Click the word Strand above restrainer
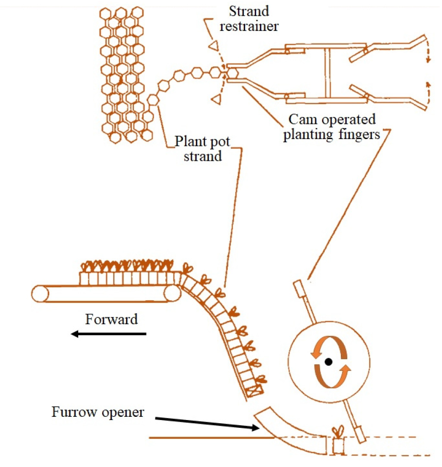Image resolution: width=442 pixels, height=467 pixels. pyautogui.click(x=249, y=12)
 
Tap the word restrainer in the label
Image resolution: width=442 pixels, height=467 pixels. pyautogui.click(x=249, y=26)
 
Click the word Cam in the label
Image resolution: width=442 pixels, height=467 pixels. pyautogui.click(x=303, y=119)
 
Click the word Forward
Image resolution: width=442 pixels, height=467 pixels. pyautogui.click(x=112, y=319)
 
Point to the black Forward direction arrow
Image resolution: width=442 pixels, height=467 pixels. pyautogui.click(x=109, y=334)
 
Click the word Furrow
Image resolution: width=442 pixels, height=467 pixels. pyautogui.click(x=75, y=412)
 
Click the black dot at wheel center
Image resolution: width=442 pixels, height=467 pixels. pyautogui.click(x=328, y=362)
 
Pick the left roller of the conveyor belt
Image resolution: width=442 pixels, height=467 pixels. pyautogui.click(x=40, y=294)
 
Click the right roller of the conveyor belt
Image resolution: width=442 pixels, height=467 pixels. pyautogui.click(x=172, y=294)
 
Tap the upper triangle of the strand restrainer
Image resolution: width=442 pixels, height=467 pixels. pyautogui.click(x=213, y=46)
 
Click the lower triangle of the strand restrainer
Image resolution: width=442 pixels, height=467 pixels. pyautogui.click(x=217, y=99)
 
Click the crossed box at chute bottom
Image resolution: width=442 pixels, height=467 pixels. pyautogui.click(x=255, y=391)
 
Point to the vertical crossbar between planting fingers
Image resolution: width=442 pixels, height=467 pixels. pyautogui.click(x=327, y=72)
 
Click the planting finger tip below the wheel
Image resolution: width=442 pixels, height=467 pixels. pyautogui.click(x=360, y=435)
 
